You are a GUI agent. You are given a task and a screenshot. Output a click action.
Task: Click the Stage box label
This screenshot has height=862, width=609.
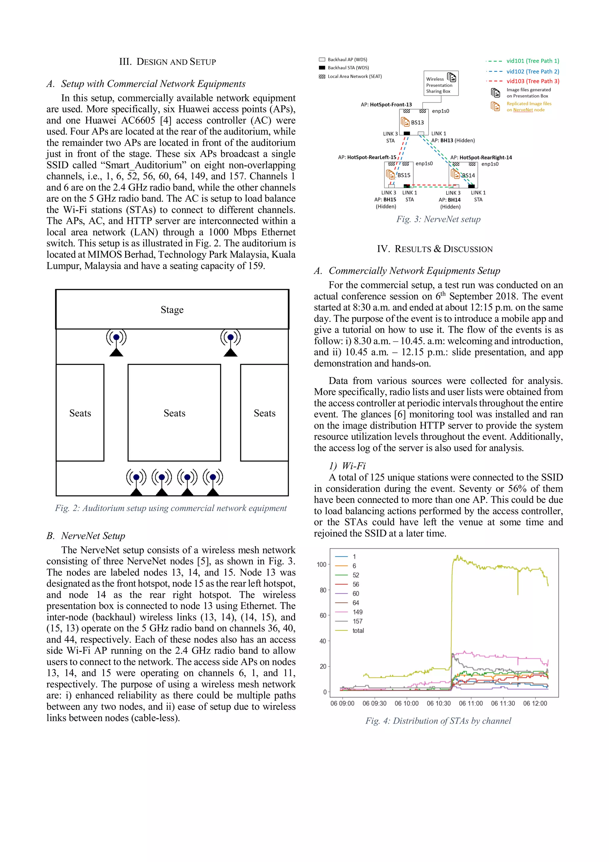[172, 310]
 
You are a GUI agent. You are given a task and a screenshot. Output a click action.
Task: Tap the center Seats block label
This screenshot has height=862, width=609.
[174, 413]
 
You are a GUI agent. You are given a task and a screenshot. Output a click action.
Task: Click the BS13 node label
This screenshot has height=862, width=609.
[417, 122]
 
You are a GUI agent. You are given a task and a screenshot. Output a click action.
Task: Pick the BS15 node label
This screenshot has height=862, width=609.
[404, 175]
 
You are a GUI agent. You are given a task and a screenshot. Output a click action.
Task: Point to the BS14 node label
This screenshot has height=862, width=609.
[468, 175]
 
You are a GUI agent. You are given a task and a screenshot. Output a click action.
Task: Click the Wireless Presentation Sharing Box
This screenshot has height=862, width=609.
[441, 84]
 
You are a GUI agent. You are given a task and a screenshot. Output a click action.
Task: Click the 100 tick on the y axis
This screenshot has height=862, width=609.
[321, 564]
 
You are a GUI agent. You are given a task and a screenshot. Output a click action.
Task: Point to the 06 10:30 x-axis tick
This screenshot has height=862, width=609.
[438, 703]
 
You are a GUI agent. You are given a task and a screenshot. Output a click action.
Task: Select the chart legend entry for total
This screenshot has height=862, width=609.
[358, 630]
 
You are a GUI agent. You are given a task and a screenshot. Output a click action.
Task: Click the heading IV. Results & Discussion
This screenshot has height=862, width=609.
[434, 249]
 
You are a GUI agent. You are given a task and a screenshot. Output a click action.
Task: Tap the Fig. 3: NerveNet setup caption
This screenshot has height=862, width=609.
[438, 219]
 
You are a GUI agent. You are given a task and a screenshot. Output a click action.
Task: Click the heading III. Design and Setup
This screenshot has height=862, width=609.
[167, 62]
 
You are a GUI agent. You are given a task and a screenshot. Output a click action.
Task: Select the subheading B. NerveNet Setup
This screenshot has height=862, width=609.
[86, 536]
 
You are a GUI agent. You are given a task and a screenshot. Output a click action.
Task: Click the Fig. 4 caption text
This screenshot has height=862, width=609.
[438, 720]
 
